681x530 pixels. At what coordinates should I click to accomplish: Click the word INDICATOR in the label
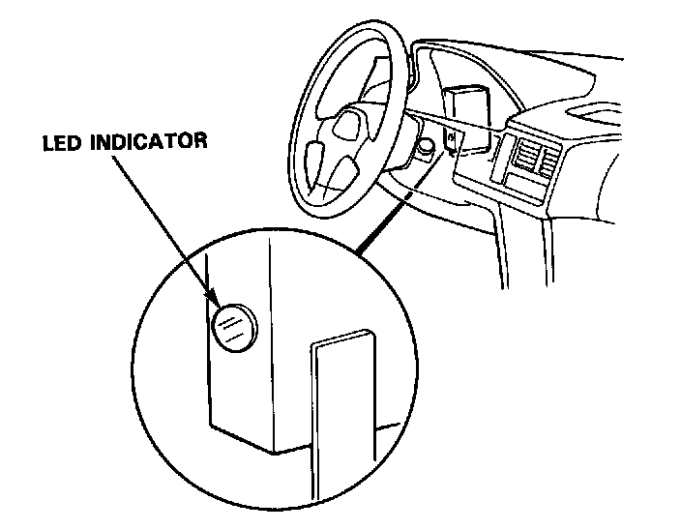(160, 142)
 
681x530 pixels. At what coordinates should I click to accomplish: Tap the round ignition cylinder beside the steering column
(423, 147)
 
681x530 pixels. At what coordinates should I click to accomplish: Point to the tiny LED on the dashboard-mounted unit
(452, 141)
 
